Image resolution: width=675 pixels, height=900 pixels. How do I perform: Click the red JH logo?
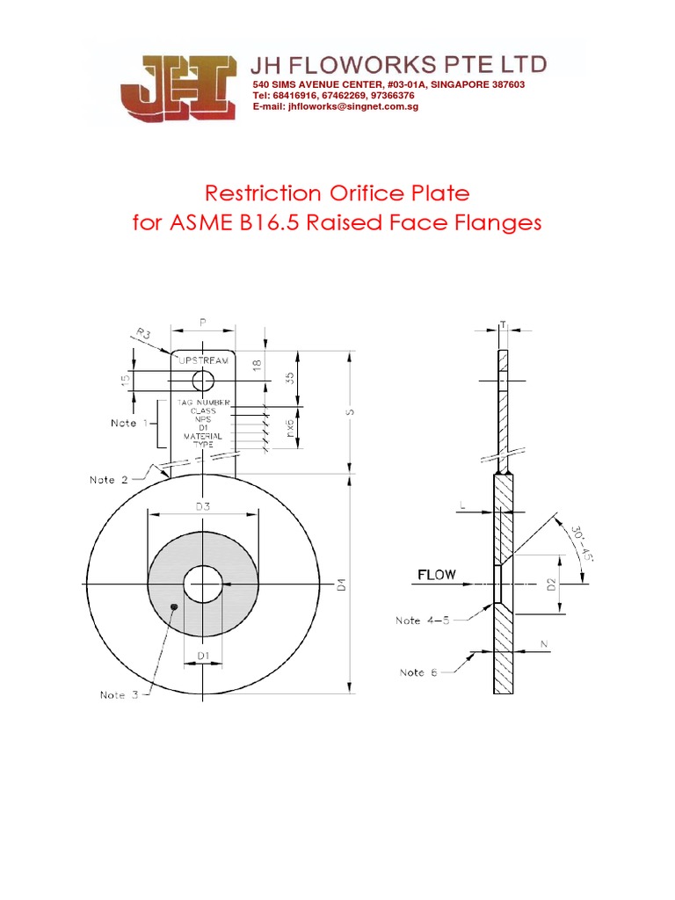click(182, 89)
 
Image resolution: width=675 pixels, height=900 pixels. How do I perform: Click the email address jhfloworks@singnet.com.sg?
click(335, 106)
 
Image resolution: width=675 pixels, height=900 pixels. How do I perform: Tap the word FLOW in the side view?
click(436, 575)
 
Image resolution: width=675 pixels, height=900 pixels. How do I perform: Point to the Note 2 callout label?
click(110, 480)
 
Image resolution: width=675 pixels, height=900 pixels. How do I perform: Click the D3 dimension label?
click(203, 505)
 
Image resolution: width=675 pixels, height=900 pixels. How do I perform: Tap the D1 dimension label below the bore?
click(203, 656)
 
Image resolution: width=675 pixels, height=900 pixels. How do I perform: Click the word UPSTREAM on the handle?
click(203, 360)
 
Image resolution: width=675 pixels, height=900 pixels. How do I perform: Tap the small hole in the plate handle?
click(203, 380)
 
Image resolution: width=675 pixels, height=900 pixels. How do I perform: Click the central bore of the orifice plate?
click(203, 584)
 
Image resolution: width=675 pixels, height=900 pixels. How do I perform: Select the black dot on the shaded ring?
click(174, 606)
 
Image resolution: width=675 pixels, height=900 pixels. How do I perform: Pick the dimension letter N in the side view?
click(544, 646)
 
